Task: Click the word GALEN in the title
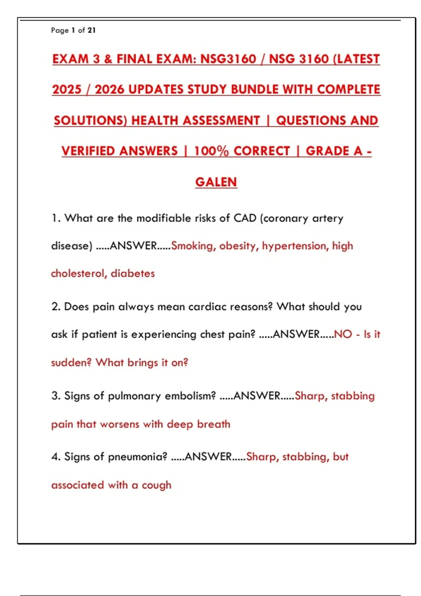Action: coord(216,182)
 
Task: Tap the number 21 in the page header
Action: coord(92,31)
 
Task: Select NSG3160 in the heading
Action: coord(228,59)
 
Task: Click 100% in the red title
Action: coord(211,151)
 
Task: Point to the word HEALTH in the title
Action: coord(154,121)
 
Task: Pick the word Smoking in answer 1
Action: coord(192,246)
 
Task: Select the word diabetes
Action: coord(133,273)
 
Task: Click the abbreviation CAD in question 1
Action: coord(245,218)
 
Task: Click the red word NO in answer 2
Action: coord(343,334)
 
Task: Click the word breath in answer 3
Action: coord(213,424)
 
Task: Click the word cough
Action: coord(156,486)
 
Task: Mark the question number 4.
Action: coord(55,457)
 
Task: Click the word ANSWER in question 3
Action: coord(257,396)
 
